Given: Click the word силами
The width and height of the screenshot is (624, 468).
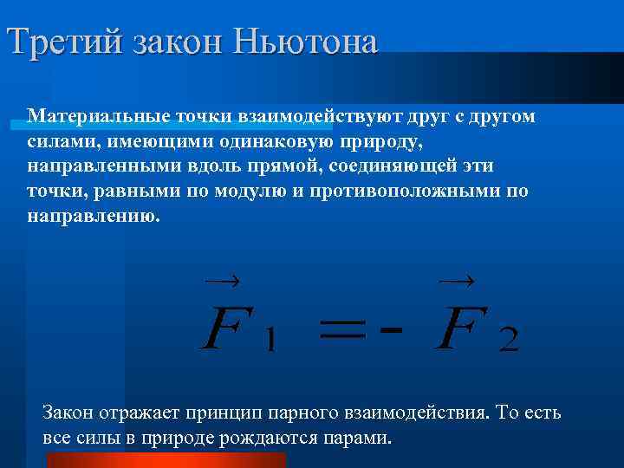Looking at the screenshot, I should pyautogui.click(x=53, y=140).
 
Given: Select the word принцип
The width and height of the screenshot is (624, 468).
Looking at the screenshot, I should pyautogui.click(x=240, y=413).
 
